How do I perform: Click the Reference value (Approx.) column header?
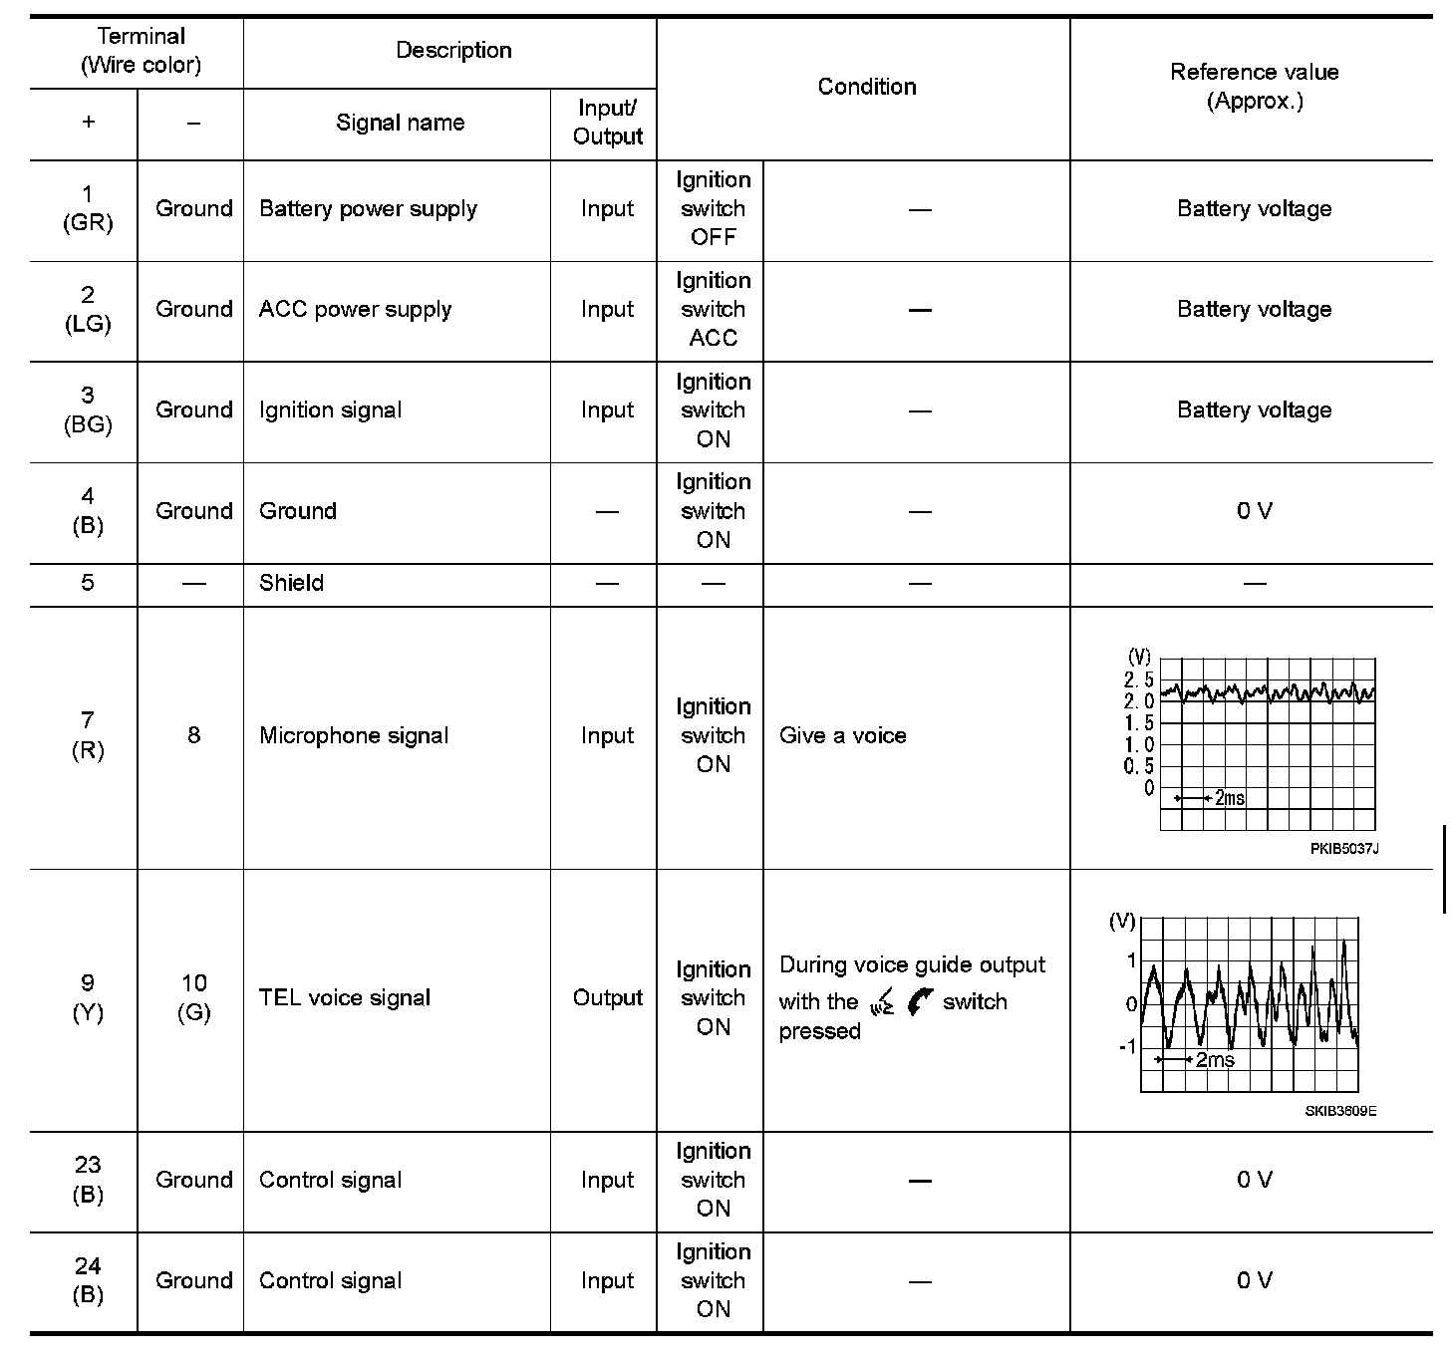pyautogui.click(x=1254, y=86)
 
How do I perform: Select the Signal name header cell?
pyautogui.click(x=400, y=123)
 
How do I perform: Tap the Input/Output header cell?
pyautogui.click(x=607, y=123)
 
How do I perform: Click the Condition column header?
pyautogui.click(x=866, y=87)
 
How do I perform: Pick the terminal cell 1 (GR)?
pyautogui.click(x=88, y=208)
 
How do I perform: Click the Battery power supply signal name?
pyautogui.click(x=368, y=209)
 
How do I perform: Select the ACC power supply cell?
pyautogui.click(x=355, y=310)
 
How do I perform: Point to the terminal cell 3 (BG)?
pyautogui.click(x=88, y=410)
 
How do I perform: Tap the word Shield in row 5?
pyautogui.click(x=291, y=583)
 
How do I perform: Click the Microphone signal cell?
pyautogui.click(x=354, y=735)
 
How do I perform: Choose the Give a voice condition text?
pyautogui.click(x=842, y=735)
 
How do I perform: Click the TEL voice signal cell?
pyautogui.click(x=345, y=997)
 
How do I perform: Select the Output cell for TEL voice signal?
pyautogui.click(x=607, y=997)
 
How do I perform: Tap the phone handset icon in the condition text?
pyautogui.click(x=921, y=1001)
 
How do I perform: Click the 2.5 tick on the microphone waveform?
pyautogui.click(x=1138, y=680)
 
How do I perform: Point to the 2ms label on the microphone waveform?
pyautogui.click(x=1229, y=798)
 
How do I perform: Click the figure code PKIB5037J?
pyautogui.click(x=1343, y=849)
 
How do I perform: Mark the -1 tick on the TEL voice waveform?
pyautogui.click(x=1127, y=1046)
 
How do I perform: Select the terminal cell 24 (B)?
pyautogui.click(x=88, y=1280)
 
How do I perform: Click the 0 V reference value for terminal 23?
pyautogui.click(x=1254, y=1180)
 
